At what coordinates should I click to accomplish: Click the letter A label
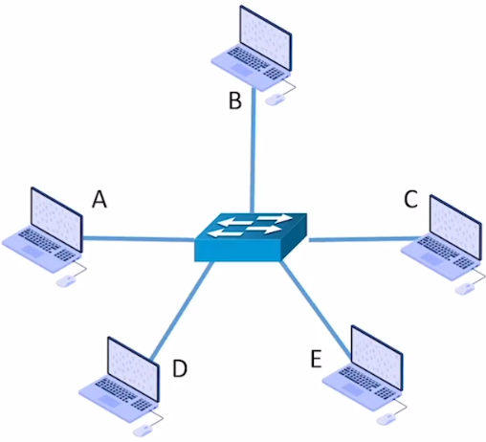[99, 199]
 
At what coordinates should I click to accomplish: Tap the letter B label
[235, 100]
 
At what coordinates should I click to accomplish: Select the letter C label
[410, 199]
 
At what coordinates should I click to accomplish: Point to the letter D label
[180, 368]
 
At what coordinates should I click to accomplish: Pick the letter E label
[316, 359]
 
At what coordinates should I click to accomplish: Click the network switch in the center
[251, 237]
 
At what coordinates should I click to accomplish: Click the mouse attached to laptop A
[66, 281]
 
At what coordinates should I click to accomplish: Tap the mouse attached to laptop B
[275, 99]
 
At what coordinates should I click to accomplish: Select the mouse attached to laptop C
[465, 289]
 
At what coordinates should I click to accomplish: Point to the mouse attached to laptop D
[143, 431]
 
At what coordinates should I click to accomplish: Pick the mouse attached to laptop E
[387, 419]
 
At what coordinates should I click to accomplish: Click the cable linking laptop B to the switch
[254, 150]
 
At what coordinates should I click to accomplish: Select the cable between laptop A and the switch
[139, 238]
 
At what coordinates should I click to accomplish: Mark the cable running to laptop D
[182, 310]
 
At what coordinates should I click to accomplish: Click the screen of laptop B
[265, 37]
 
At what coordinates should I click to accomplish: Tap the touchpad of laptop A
[33, 252]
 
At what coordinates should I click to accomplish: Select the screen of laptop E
[377, 358]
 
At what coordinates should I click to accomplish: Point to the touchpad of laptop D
[109, 401]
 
